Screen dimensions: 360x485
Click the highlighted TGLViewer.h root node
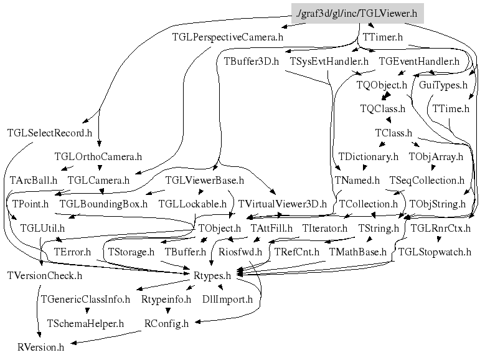357,12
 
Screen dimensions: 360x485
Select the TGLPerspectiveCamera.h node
227,37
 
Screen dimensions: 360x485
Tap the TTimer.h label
382,37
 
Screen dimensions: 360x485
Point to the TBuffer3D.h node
251,61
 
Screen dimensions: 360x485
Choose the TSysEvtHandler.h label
329,61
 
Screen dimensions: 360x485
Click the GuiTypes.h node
443,84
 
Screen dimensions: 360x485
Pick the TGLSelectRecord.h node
49,133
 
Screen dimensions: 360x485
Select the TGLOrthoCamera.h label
98,156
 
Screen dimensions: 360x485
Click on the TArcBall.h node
34,180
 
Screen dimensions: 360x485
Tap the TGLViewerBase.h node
204,180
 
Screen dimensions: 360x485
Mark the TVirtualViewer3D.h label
282,204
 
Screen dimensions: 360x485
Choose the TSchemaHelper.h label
85,323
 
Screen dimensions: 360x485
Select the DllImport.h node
227,299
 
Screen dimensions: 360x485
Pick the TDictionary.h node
368,156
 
